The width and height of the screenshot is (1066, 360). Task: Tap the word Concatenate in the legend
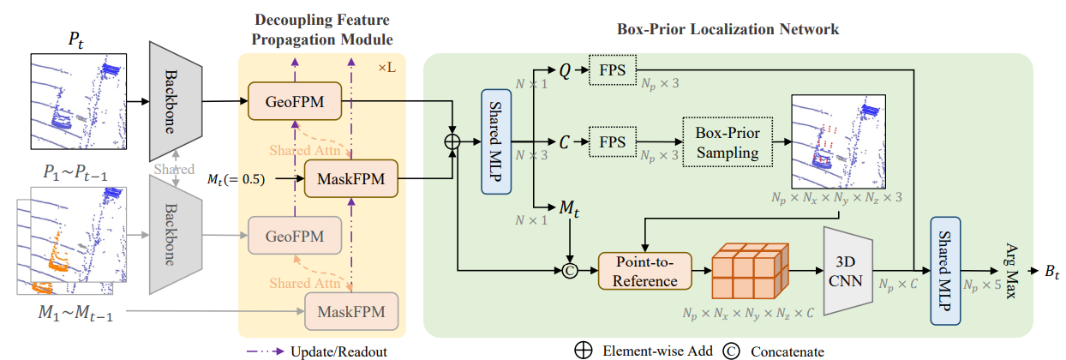click(x=788, y=351)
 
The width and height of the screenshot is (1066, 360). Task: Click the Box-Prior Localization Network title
click(x=728, y=29)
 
